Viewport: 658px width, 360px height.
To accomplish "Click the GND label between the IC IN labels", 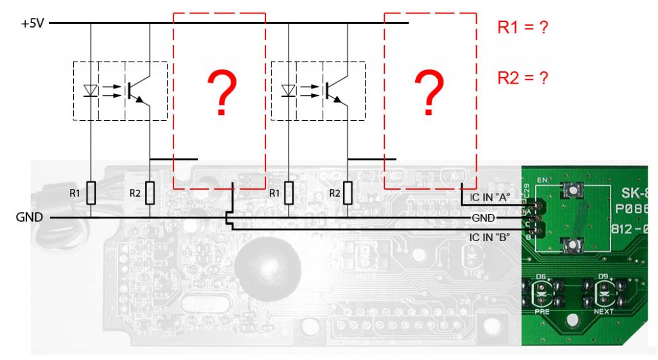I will [x=483, y=218].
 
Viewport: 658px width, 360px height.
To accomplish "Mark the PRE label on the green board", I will [x=542, y=311].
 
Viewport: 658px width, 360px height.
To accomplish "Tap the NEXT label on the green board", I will [x=603, y=311].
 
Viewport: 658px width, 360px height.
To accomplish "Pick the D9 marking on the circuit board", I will [x=603, y=276].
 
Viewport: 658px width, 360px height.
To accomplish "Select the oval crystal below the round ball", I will [x=201, y=303].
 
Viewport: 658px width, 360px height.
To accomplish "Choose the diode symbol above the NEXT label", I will [x=603, y=292].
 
